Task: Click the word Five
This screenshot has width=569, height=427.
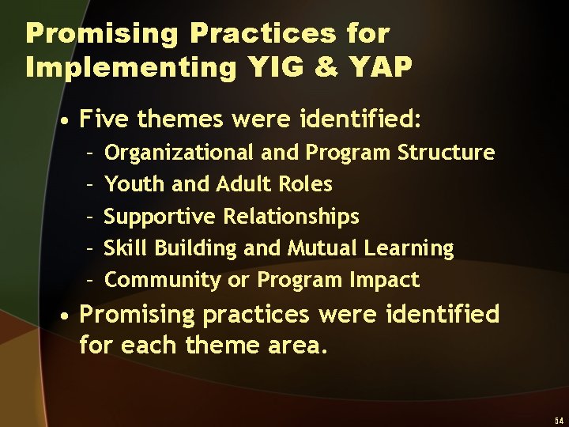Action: pyautogui.click(x=106, y=120)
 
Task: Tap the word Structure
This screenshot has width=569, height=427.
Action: pyautogui.click(x=447, y=152)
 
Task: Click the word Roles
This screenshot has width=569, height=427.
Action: pyautogui.click(x=306, y=184)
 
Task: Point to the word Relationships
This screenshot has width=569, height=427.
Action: pyautogui.click(x=292, y=217)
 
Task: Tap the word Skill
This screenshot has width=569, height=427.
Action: pyautogui.click(x=126, y=248)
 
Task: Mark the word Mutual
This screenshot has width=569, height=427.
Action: pyautogui.click(x=322, y=248)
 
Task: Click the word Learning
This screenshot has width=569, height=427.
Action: pyautogui.click(x=409, y=248)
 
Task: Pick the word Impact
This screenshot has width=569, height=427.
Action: pyautogui.click(x=391, y=280)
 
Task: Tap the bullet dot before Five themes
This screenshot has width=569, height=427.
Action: pyautogui.click(x=70, y=122)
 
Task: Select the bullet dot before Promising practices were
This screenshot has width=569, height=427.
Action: pyautogui.click(x=70, y=316)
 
